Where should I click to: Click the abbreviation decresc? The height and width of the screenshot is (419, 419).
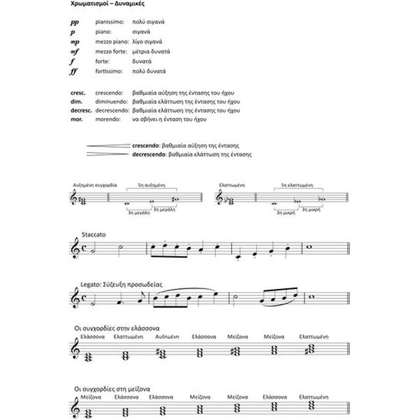(x=81, y=110)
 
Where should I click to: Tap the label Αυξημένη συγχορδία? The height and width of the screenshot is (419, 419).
(x=96, y=184)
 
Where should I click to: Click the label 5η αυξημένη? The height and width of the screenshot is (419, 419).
(x=151, y=184)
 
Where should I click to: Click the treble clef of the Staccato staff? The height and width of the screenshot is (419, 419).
(x=77, y=249)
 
